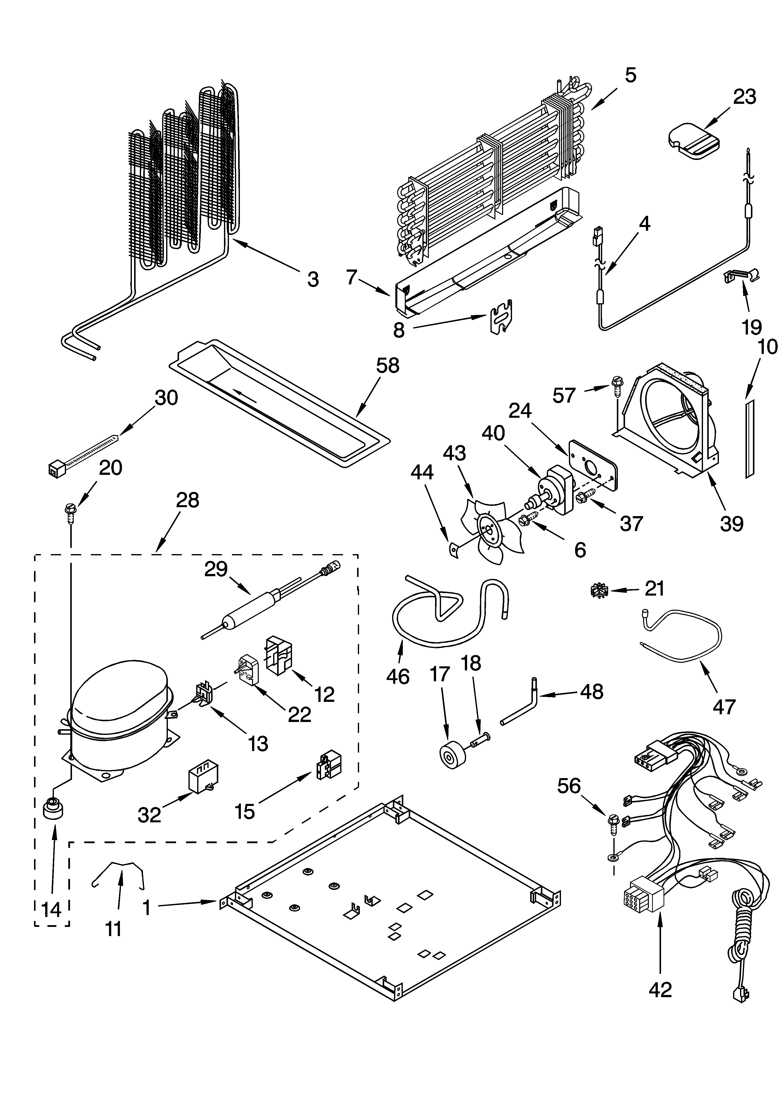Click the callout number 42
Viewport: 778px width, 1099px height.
tap(660, 989)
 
